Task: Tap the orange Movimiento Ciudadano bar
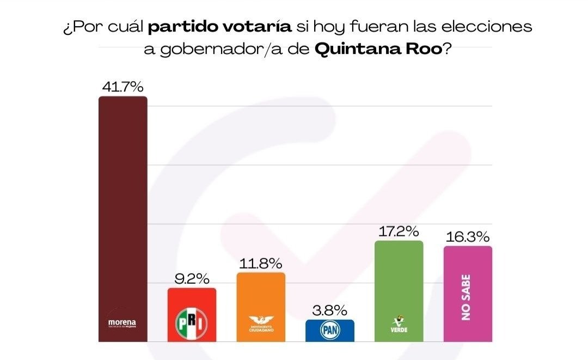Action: coord(261,294)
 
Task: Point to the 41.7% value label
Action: coord(122,86)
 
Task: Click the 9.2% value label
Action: coord(192,278)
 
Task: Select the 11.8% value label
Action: coord(261,264)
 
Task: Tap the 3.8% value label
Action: coord(330,310)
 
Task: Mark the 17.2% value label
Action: coord(399,231)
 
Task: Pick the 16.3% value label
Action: coord(468,237)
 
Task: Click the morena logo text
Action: coord(122,323)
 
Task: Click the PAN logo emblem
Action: coord(330,330)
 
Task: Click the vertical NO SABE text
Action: coord(467,297)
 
